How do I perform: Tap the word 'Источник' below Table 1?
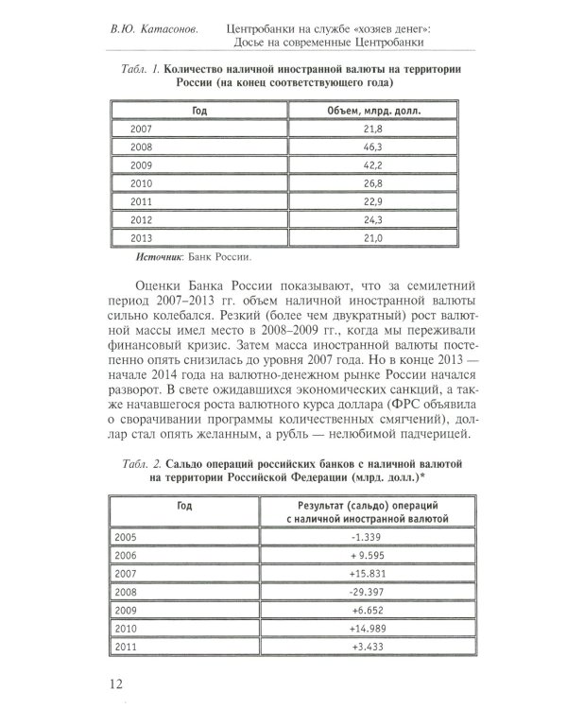(162, 256)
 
